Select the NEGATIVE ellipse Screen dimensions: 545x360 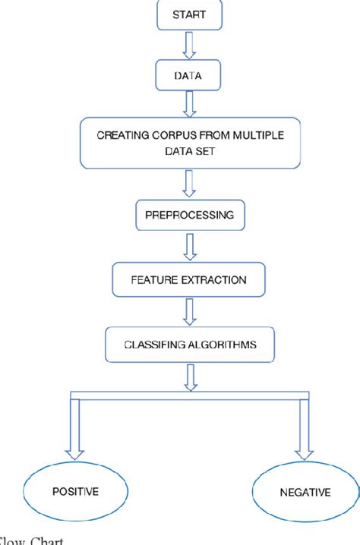[x=303, y=492]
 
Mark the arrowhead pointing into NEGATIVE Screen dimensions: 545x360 [x=305, y=453]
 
